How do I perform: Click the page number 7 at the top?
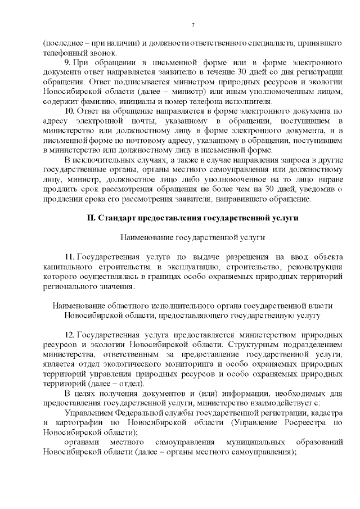pos(193,25)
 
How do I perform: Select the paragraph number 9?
pos(67,61)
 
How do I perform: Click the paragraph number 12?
pos(69,335)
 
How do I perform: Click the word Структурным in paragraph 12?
pos(254,345)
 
